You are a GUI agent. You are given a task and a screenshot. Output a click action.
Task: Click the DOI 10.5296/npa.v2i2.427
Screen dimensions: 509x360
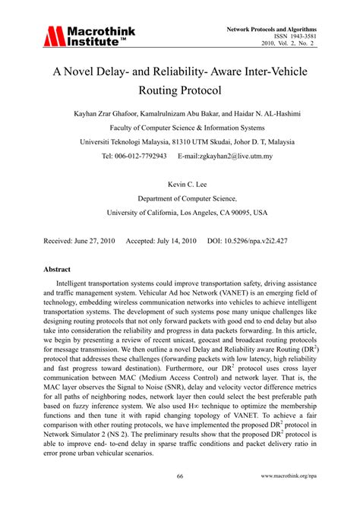point(263,240)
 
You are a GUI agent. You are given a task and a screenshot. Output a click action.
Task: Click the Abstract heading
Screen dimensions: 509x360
point(57,269)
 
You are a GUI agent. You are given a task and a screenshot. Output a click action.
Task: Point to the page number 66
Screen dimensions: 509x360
point(180,476)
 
